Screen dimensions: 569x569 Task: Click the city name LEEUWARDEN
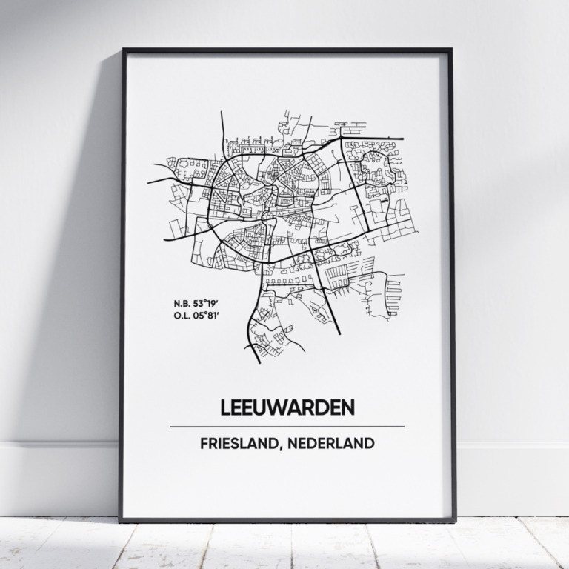click(287, 407)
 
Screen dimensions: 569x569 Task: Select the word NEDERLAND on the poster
click(333, 445)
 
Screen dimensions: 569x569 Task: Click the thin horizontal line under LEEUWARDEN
click(287, 427)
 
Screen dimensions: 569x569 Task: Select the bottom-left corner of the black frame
click(121, 520)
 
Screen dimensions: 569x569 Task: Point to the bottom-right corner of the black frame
click(454, 520)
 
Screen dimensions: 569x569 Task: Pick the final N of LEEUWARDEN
click(348, 407)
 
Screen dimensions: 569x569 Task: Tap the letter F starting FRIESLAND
click(203, 445)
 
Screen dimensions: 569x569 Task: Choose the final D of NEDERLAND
click(368, 445)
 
